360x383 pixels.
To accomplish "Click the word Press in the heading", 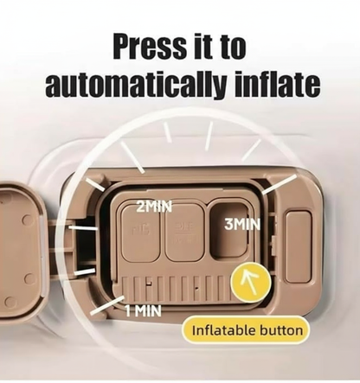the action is [x=150, y=46].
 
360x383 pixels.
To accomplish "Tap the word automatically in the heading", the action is [x=135, y=85].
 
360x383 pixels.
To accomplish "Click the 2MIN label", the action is [x=154, y=207].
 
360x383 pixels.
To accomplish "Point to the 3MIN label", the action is [x=242, y=225].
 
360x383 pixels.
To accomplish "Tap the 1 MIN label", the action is [x=143, y=310].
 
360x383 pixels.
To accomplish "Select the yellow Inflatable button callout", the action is [x=246, y=330].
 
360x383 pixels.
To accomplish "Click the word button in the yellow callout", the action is [x=281, y=330].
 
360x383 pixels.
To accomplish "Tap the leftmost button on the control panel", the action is [x=141, y=232].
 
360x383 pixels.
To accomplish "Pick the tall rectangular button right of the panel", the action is [x=299, y=246].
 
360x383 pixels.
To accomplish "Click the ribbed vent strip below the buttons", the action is [x=177, y=288].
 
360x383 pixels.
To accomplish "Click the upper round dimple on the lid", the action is [x=28, y=220].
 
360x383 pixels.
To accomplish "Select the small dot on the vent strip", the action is [x=196, y=288].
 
